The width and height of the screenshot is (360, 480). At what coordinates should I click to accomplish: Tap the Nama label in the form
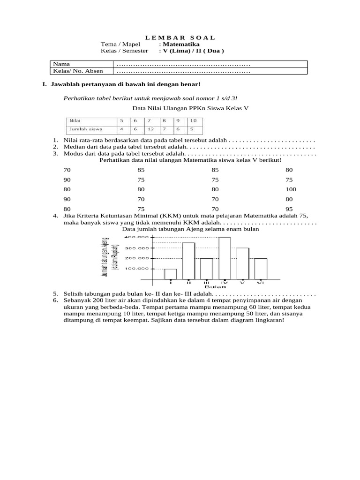(x=61, y=64)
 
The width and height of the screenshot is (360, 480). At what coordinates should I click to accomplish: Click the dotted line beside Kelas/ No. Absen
(x=183, y=71)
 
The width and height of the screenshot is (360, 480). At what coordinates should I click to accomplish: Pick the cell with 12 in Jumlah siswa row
(x=151, y=129)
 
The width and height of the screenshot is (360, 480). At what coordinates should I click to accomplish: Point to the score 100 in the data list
(x=291, y=189)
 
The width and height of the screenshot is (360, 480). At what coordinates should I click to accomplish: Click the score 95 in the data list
(x=289, y=209)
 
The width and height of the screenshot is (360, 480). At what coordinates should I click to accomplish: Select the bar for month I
(x=170, y=274)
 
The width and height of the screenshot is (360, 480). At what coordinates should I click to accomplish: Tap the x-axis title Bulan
(x=215, y=286)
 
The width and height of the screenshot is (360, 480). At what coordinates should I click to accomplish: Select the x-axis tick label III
(x=206, y=283)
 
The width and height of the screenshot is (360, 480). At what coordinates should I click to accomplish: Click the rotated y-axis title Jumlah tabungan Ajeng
(x=105, y=256)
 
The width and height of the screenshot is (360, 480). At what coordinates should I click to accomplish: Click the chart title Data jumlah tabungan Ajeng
(x=190, y=230)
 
